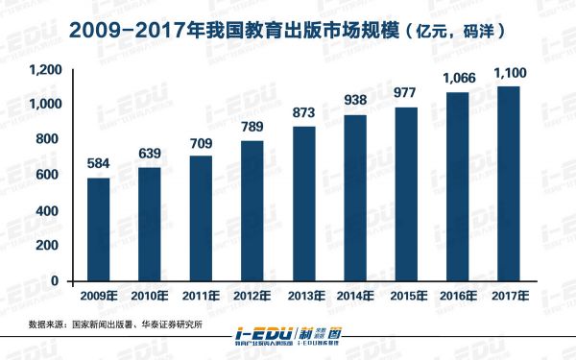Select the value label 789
coord(253,129)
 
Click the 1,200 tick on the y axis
coord(46,70)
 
